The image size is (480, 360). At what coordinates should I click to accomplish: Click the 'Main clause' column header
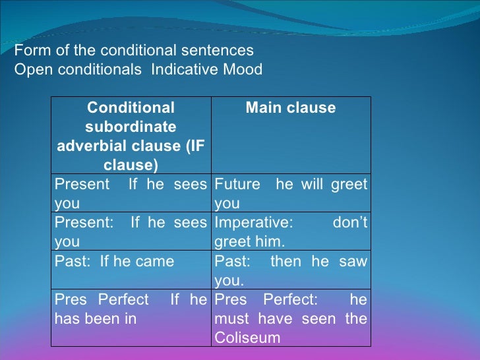coord(291,108)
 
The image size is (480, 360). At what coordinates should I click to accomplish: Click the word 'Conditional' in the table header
coord(131,108)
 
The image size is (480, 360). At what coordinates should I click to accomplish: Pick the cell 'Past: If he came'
coord(114,262)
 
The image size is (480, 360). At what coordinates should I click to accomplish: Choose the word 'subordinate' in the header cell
coord(131,127)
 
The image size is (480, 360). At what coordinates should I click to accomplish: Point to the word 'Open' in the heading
coord(30,70)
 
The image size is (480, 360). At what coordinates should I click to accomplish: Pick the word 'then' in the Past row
coord(285,262)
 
